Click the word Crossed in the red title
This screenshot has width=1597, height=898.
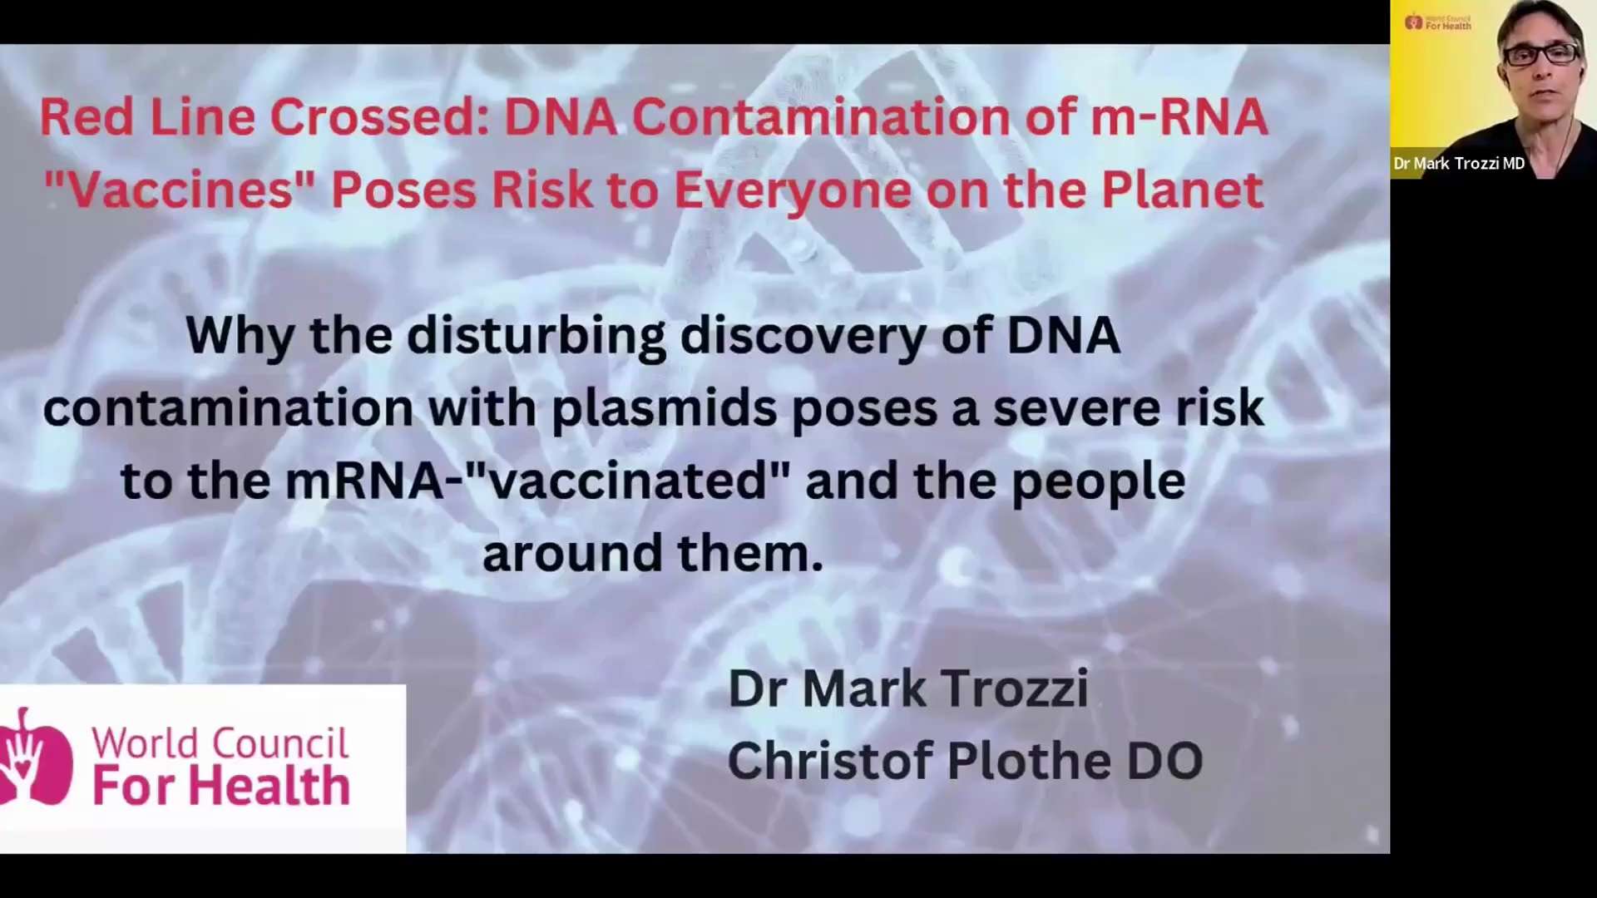[x=379, y=117]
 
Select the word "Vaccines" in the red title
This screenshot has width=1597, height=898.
[x=180, y=190]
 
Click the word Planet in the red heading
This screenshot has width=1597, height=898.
[x=1182, y=190]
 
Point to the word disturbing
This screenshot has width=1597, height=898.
[x=536, y=337]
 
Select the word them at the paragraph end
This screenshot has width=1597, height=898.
[x=749, y=554]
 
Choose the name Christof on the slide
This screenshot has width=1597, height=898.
[x=829, y=762]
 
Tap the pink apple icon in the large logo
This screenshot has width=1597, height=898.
[x=35, y=758]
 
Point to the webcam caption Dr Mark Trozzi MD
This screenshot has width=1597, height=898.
[x=1459, y=164]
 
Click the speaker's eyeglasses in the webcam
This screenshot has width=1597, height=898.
[x=1540, y=55]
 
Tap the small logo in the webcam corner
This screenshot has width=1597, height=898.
[x=1438, y=22]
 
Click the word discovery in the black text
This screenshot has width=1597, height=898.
[x=803, y=337]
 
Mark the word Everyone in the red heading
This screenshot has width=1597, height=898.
[x=793, y=190]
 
